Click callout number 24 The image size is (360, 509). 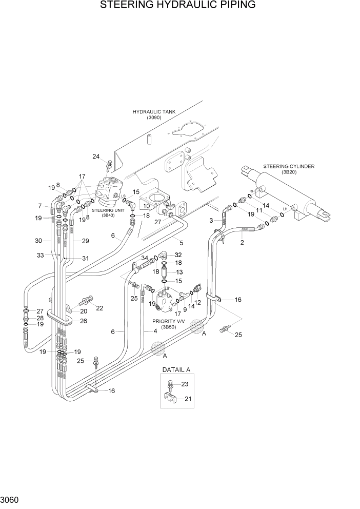pyautogui.click(x=95, y=156)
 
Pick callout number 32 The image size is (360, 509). pyautogui.click(x=178, y=254)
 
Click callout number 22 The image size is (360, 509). pyautogui.click(x=99, y=308)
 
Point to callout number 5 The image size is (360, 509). pyautogui.click(x=181, y=241)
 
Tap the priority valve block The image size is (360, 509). pyautogui.click(x=165, y=303)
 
